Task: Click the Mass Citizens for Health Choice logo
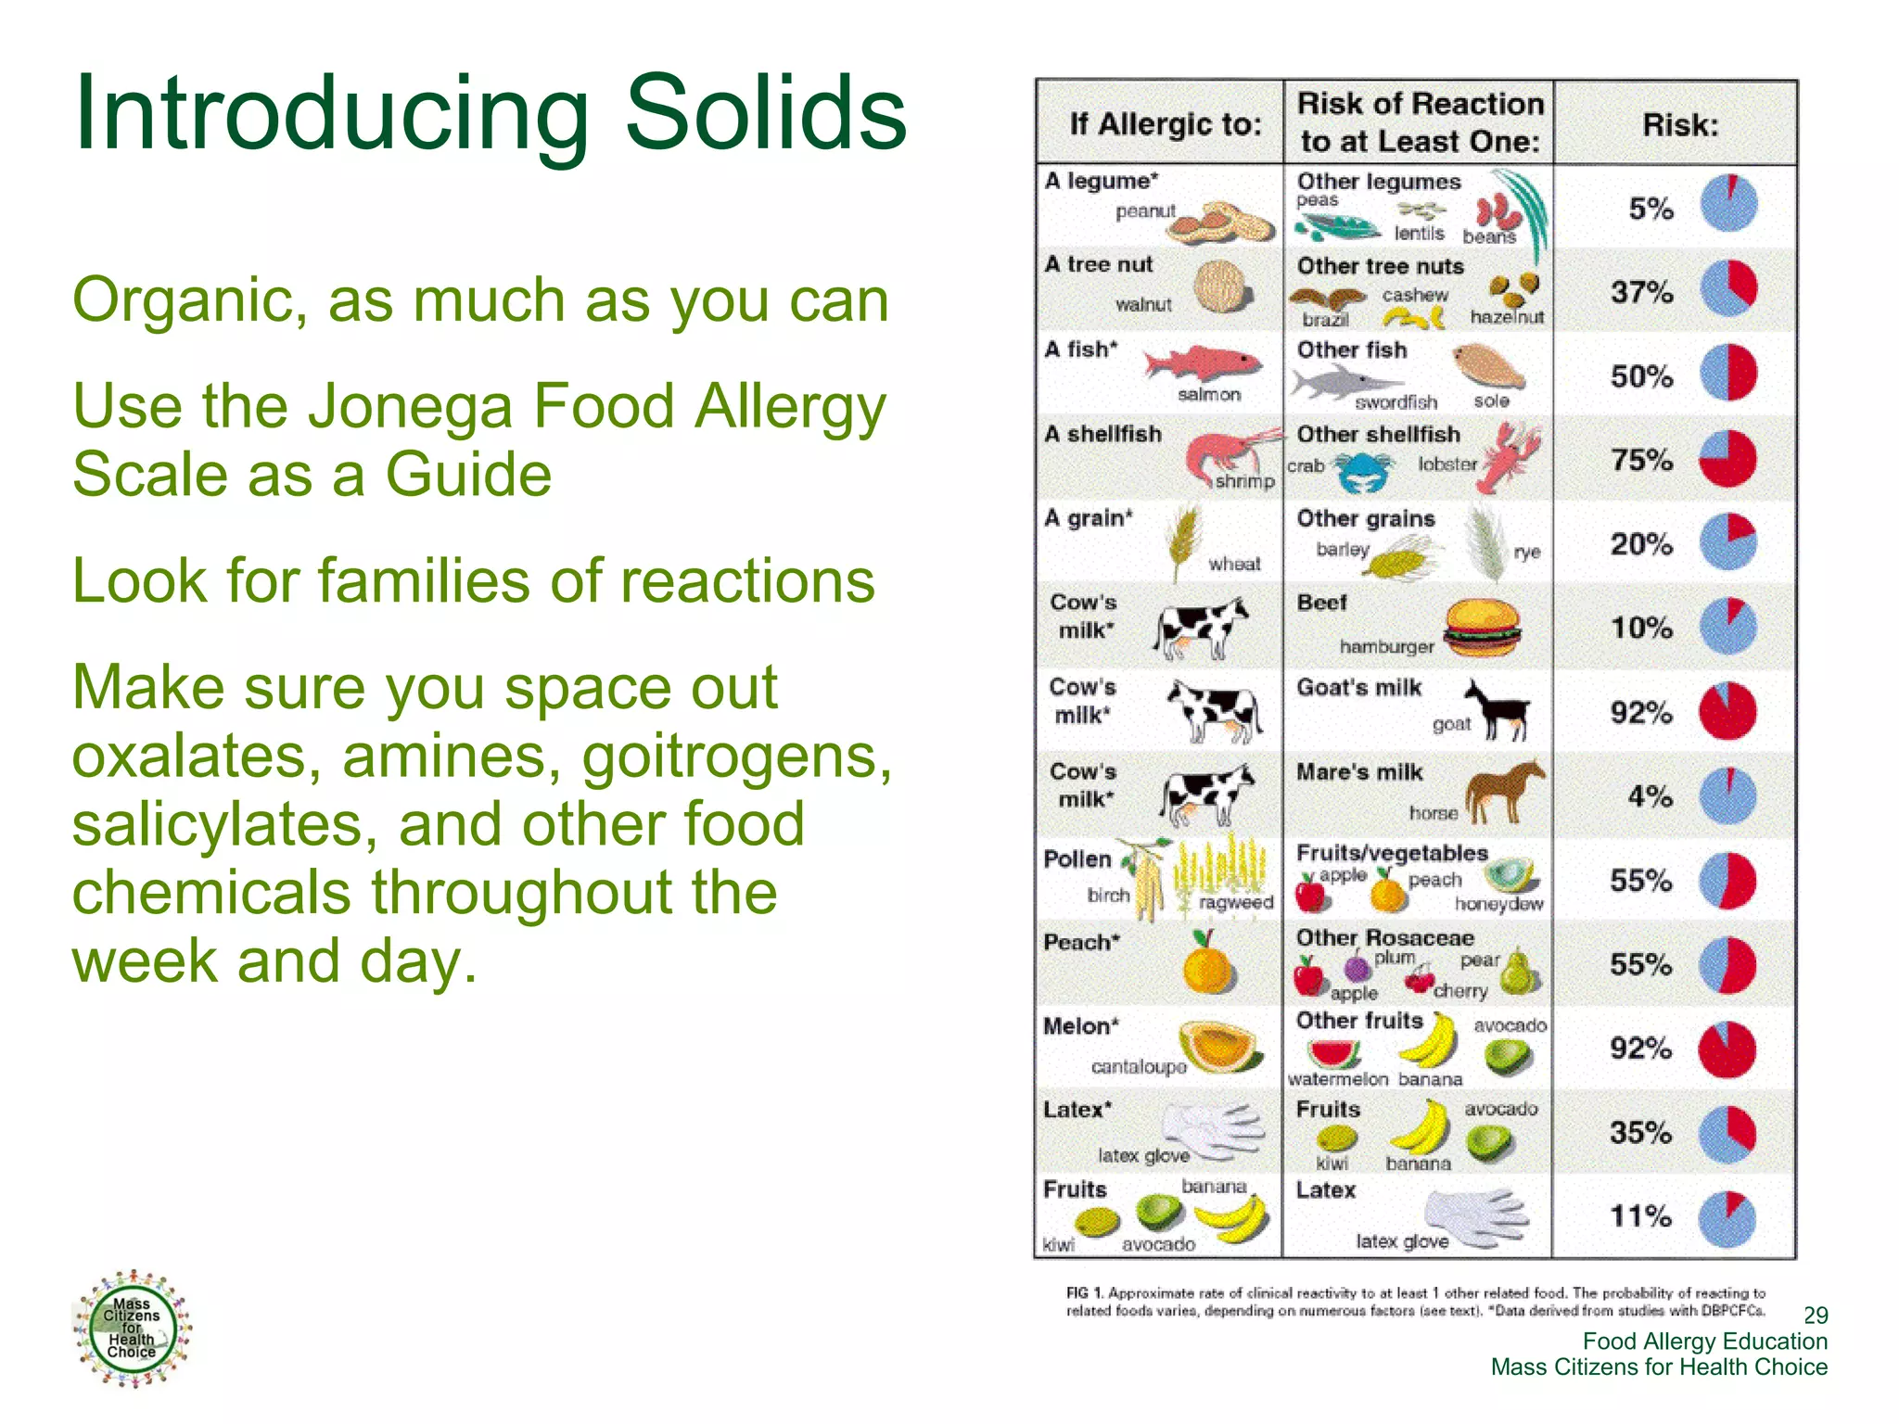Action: point(132,1329)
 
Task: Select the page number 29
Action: point(1815,1315)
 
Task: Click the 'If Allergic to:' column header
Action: point(1165,123)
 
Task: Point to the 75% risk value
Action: point(1641,460)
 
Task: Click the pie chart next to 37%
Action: point(1728,289)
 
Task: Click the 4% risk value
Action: point(1650,796)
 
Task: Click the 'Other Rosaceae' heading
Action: point(1384,937)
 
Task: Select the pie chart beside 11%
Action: point(1728,1218)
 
